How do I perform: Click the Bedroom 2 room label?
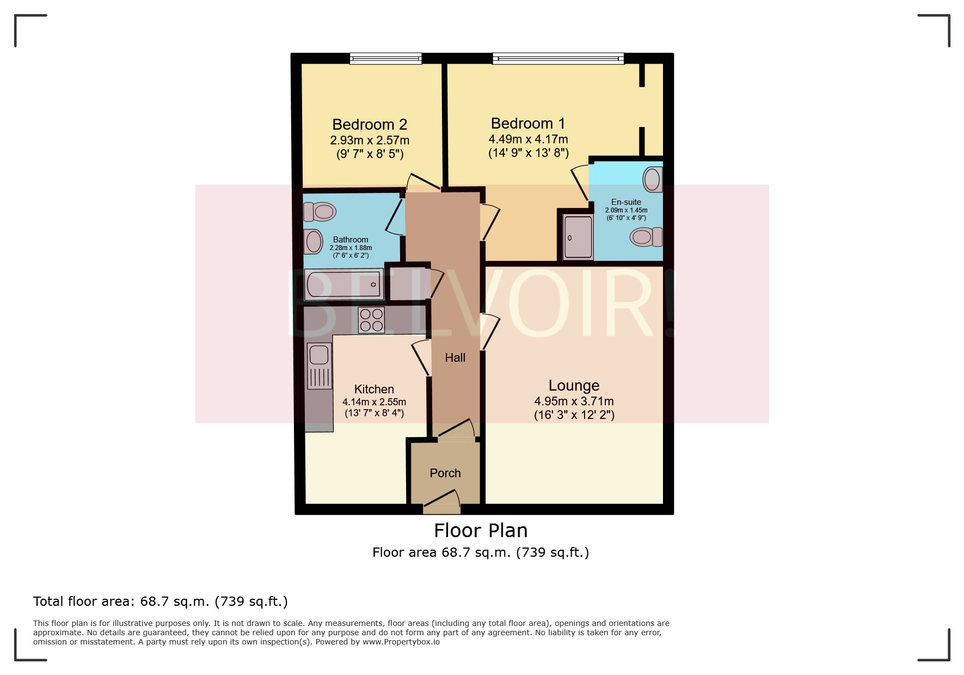370,125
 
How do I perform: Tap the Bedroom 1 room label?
527,124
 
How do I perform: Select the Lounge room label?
574,386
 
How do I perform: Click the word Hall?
455,358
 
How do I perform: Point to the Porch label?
445,473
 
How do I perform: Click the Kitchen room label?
374,390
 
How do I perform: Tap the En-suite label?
626,202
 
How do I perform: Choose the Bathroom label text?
351,240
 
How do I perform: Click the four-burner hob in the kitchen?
371,320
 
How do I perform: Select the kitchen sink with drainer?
319,366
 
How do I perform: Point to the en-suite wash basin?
652,180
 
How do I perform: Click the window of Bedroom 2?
385,58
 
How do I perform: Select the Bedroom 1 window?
558,58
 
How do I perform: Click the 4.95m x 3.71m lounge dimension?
574,402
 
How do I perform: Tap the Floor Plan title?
481,531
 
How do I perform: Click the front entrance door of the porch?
441,504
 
